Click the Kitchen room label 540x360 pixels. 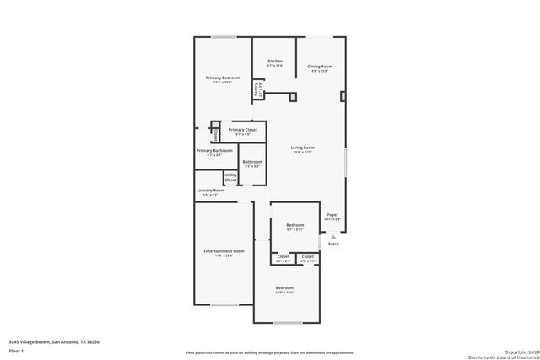[x=275, y=62]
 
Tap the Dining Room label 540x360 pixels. [x=320, y=67]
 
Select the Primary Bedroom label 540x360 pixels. [x=223, y=78]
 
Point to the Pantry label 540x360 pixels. [x=257, y=88]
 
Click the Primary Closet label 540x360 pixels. [x=243, y=130]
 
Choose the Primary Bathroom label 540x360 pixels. [x=214, y=151]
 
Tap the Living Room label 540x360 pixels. [x=302, y=148]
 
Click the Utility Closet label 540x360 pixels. [x=230, y=177]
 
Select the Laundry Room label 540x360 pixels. [x=210, y=191]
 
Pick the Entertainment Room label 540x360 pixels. [x=224, y=251]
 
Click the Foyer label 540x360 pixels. [x=332, y=216]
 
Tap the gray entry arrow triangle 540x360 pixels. [x=333, y=238]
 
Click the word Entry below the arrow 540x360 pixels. [x=333, y=244]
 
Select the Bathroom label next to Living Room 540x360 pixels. [x=252, y=162]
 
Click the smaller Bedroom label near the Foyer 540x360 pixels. [x=294, y=225]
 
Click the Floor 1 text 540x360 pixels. [x=16, y=350]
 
